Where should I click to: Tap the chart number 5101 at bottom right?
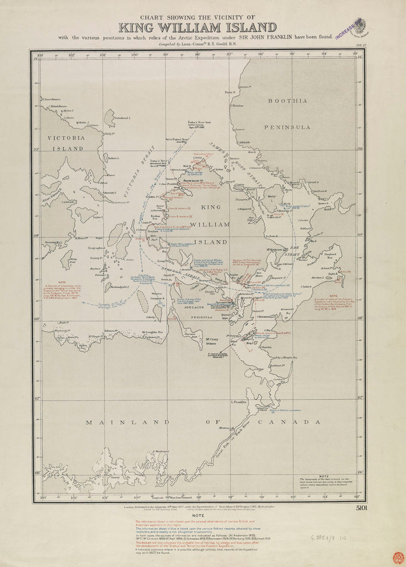(x=358, y=508)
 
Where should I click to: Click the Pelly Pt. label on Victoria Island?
(x=109, y=133)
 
